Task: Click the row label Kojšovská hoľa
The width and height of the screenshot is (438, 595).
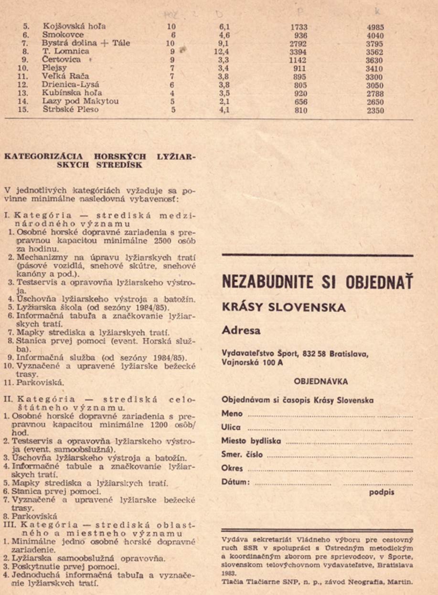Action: point(74,26)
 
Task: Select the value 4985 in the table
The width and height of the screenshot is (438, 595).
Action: point(375,27)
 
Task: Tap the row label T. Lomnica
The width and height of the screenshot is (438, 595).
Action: point(65,51)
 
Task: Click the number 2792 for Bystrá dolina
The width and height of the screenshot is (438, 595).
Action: point(299,43)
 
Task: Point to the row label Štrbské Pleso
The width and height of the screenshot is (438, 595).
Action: point(71,109)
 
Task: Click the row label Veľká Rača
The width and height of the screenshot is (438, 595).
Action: point(65,76)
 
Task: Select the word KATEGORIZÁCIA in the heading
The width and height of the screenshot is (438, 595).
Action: point(43,156)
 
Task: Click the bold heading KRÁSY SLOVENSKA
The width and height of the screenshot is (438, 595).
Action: point(283,308)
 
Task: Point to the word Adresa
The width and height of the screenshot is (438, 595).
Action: point(237,330)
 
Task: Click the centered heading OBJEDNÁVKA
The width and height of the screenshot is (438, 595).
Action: point(320,382)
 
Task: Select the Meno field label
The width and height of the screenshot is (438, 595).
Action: point(232,414)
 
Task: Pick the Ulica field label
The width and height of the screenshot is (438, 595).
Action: point(231,427)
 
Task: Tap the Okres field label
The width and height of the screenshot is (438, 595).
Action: point(232,468)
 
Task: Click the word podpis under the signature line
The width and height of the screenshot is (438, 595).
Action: point(382,492)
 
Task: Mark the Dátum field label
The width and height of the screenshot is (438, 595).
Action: point(235,482)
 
